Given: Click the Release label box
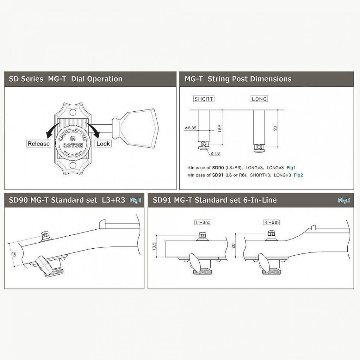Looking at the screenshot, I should pyautogui.click(x=39, y=143).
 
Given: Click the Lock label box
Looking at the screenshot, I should pyautogui.click(x=103, y=143).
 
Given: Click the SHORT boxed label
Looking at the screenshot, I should pyautogui.click(x=204, y=99).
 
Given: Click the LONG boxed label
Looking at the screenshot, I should pyautogui.click(x=259, y=99).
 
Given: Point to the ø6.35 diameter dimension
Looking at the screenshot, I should pyautogui.click(x=190, y=127).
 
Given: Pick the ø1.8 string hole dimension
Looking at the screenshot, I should pyautogui.click(x=216, y=153).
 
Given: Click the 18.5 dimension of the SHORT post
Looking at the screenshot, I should pyautogui.click(x=220, y=127).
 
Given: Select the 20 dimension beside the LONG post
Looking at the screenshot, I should pyautogui.click(x=275, y=128).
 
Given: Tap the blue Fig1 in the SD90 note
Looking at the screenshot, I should pyautogui.click(x=291, y=168).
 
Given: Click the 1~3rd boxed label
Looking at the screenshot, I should pyautogui.click(x=202, y=223).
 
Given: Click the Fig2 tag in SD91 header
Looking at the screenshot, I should pyautogui.click(x=344, y=200).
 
